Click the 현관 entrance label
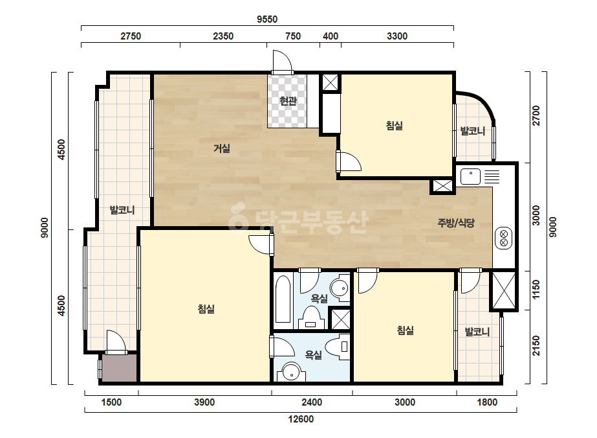click(288, 101)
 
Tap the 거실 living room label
click(222, 148)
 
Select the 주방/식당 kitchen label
click(456, 223)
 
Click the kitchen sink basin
click(471, 177)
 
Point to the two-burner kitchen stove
click(504, 238)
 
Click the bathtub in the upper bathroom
click(283, 300)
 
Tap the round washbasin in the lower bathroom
click(292, 371)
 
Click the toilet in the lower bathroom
click(339, 347)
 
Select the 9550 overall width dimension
click(267, 19)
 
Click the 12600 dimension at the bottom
click(301, 419)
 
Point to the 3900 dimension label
click(204, 402)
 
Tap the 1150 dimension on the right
click(536, 290)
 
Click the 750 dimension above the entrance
click(293, 36)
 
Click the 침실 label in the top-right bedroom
click(394, 126)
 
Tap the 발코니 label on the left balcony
click(122, 210)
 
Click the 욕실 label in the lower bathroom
click(313, 355)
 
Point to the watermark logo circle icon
click(238, 218)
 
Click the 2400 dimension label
click(312, 402)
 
